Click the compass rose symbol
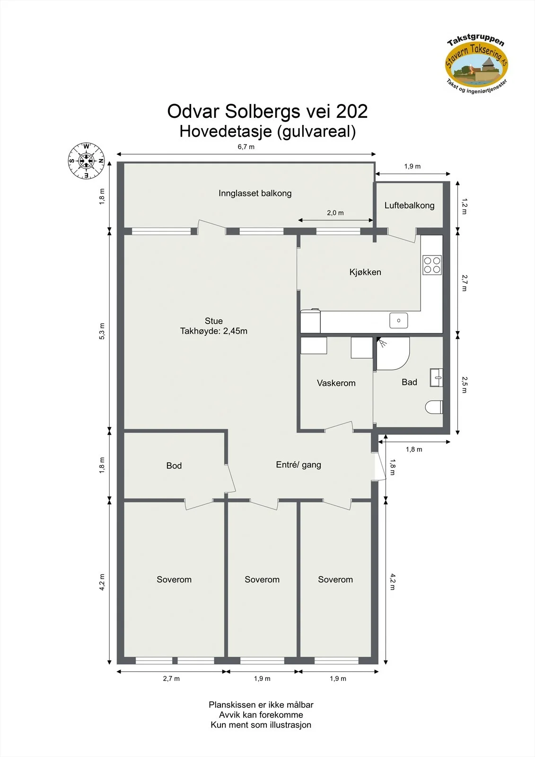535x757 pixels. pyautogui.click(x=86, y=160)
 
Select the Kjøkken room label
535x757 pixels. pyautogui.click(x=365, y=272)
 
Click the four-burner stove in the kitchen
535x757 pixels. pyautogui.click(x=432, y=265)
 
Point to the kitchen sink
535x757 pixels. pyautogui.click(x=398, y=320)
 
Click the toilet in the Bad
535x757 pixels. pyautogui.click(x=434, y=407)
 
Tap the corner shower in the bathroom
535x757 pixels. pyautogui.click(x=393, y=353)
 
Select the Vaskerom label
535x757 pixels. pyautogui.click(x=336, y=383)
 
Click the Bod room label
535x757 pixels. pyautogui.click(x=174, y=466)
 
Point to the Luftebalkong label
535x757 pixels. pyautogui.click(x=409, y=205)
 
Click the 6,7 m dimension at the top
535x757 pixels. pyautogui.click(x=246, y=147)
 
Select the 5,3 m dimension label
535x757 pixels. pyautogui.click(x=102, y=331)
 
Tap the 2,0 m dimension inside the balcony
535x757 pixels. pyautogui.click(x=335, y=213)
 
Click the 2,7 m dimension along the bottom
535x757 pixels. pyautogui.click(x=171, y=678)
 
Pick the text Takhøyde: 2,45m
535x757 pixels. pyautogui.click(x=214, y=331)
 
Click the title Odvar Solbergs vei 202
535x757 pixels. pyautogui.click(x=267, y=111)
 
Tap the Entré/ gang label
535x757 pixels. pyautogui.click(x=298, y=465)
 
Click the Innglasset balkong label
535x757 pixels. pyautogui.click(x=255, y=194)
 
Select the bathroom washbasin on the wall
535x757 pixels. pyautogui.click(x=436, y=378)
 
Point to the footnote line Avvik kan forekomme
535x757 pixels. pyautogui.click(x=261, y=715)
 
